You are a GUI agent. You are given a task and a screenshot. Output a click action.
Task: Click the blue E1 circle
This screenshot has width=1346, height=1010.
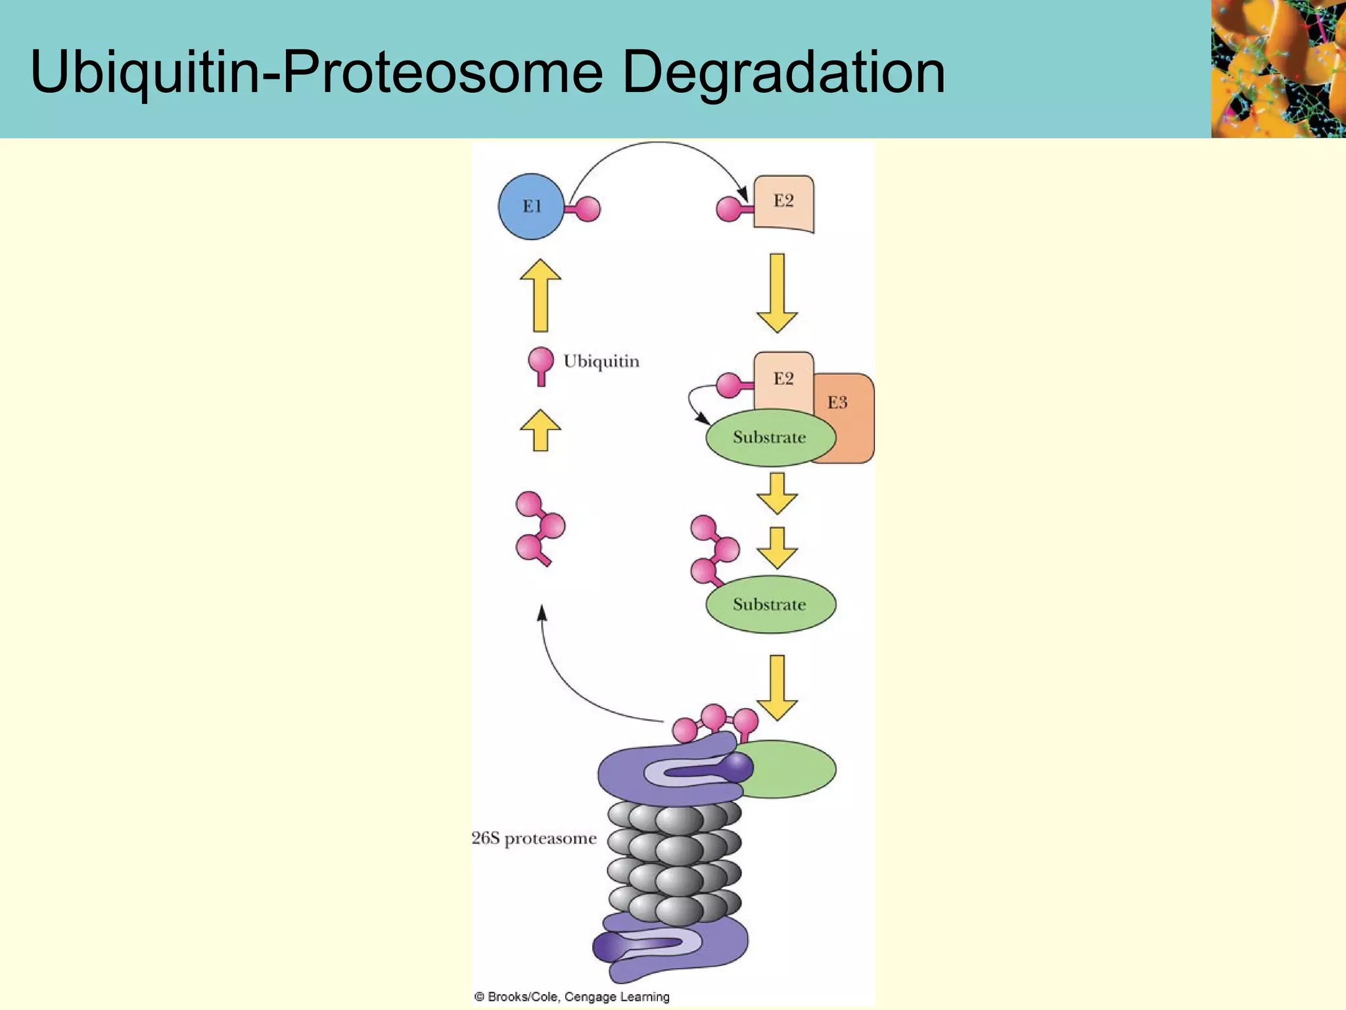pos(531,206)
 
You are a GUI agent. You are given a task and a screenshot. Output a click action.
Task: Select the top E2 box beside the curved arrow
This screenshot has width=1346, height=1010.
pos(783,203)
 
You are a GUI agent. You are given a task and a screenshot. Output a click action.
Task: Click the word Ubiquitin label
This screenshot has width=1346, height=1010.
pos(601,362)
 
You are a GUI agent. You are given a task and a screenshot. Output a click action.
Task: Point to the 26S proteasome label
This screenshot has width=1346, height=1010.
pos(534,838)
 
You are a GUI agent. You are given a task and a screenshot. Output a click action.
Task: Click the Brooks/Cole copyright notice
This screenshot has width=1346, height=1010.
pos(571,996)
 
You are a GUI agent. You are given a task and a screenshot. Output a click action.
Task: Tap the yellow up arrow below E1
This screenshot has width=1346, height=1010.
pos(540,295)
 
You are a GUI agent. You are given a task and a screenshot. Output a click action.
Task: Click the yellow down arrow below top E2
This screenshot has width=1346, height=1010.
pos(777,293)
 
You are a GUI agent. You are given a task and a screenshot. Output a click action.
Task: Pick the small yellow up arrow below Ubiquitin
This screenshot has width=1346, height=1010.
pos(540,430)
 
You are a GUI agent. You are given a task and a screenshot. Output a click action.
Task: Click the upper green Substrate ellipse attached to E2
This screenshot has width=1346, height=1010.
pos(770,437)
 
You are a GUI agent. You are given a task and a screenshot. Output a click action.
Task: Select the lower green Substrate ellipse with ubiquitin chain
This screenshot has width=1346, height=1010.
pos(770,604)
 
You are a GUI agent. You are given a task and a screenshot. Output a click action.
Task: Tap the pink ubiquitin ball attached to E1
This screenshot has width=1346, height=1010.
pos(586,209)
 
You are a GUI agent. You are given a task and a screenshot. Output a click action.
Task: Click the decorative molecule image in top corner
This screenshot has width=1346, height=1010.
pos(1278,68)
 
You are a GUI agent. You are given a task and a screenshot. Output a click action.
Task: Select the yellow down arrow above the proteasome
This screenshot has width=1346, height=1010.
pos(777,688)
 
